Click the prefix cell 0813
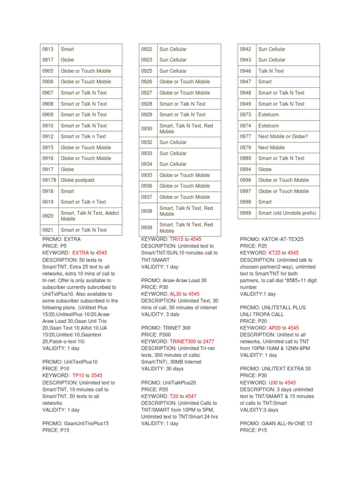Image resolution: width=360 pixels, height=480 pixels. (x=48, y=49)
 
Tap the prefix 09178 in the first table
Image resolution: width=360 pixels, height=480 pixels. (x=49, y=180)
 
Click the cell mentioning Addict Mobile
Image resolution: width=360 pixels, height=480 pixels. (x=90, y=216)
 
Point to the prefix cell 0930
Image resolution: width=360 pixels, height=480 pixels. (x=147, y=128)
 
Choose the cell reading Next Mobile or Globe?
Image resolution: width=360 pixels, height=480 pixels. (x=283, y=136)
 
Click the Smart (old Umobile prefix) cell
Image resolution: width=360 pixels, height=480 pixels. (x=287, y=213)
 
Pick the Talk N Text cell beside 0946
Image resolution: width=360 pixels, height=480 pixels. (x=271, y=71)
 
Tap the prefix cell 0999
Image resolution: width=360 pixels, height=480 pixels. (x=246, y=213)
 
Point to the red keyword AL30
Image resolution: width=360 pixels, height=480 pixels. (x=175, y=294)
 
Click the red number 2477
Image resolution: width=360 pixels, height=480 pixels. (x=209, y=342)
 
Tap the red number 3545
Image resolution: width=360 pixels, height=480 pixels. (x=97, y=375)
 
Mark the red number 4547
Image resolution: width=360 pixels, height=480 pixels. (x=190, y=396)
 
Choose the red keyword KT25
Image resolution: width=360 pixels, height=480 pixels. (x=274, y=253)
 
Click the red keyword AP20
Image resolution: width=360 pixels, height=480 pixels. (x=275, y=328)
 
